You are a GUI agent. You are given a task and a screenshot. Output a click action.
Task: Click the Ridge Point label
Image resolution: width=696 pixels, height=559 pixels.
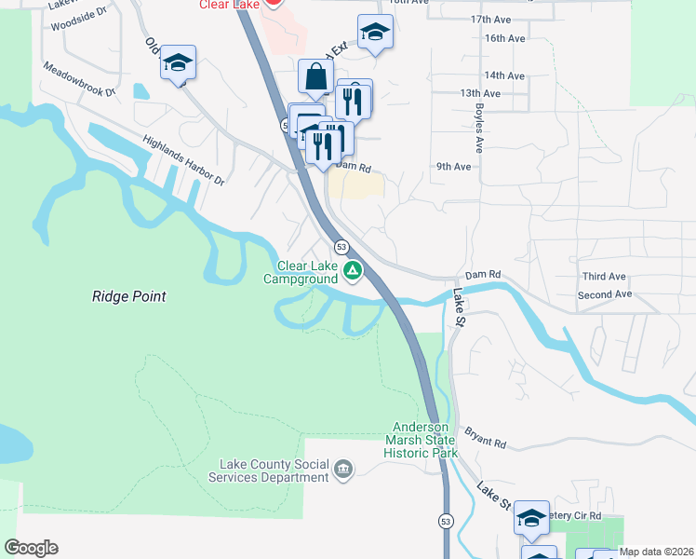tap(128, 296)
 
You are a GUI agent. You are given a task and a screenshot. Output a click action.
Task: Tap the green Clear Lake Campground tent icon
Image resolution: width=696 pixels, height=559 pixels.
tap(353, 271)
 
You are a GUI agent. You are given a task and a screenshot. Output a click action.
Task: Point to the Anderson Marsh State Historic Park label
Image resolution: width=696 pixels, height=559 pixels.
tap(422, 440)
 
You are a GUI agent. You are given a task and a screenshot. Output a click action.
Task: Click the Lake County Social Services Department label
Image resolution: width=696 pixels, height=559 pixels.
tap(274, 470)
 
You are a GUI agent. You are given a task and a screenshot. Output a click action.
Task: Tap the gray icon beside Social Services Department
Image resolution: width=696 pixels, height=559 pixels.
tap(343, 468)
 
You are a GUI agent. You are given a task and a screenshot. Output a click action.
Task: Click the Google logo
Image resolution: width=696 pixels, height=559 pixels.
tap(31, 548)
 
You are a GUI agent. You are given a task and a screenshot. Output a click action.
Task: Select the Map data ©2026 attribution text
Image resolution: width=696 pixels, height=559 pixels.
tap(656, 552)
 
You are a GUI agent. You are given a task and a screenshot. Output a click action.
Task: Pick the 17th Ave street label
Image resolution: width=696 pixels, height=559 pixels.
tap(492, 45)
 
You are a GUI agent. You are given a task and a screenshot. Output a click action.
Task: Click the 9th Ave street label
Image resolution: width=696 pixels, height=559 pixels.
tap(454, 167)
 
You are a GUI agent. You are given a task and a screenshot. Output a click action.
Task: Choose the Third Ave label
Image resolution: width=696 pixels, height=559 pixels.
tap(604, 277)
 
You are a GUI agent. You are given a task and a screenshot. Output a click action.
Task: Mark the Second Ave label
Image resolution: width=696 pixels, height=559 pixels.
tap(604, 294)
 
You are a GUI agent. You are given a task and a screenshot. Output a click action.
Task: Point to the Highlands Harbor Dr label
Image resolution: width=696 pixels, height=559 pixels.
tap(184, 161)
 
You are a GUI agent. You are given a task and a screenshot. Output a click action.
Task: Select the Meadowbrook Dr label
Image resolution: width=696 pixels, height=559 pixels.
tap(79, 80)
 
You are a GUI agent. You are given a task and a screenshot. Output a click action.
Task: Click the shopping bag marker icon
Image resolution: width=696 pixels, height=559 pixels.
tap(315, 77)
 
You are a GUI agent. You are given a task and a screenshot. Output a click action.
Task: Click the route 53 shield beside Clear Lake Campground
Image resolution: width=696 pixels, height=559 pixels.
tap(342, 246)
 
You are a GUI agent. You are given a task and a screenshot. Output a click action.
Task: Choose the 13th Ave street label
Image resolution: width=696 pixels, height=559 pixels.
tap(480, 93)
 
